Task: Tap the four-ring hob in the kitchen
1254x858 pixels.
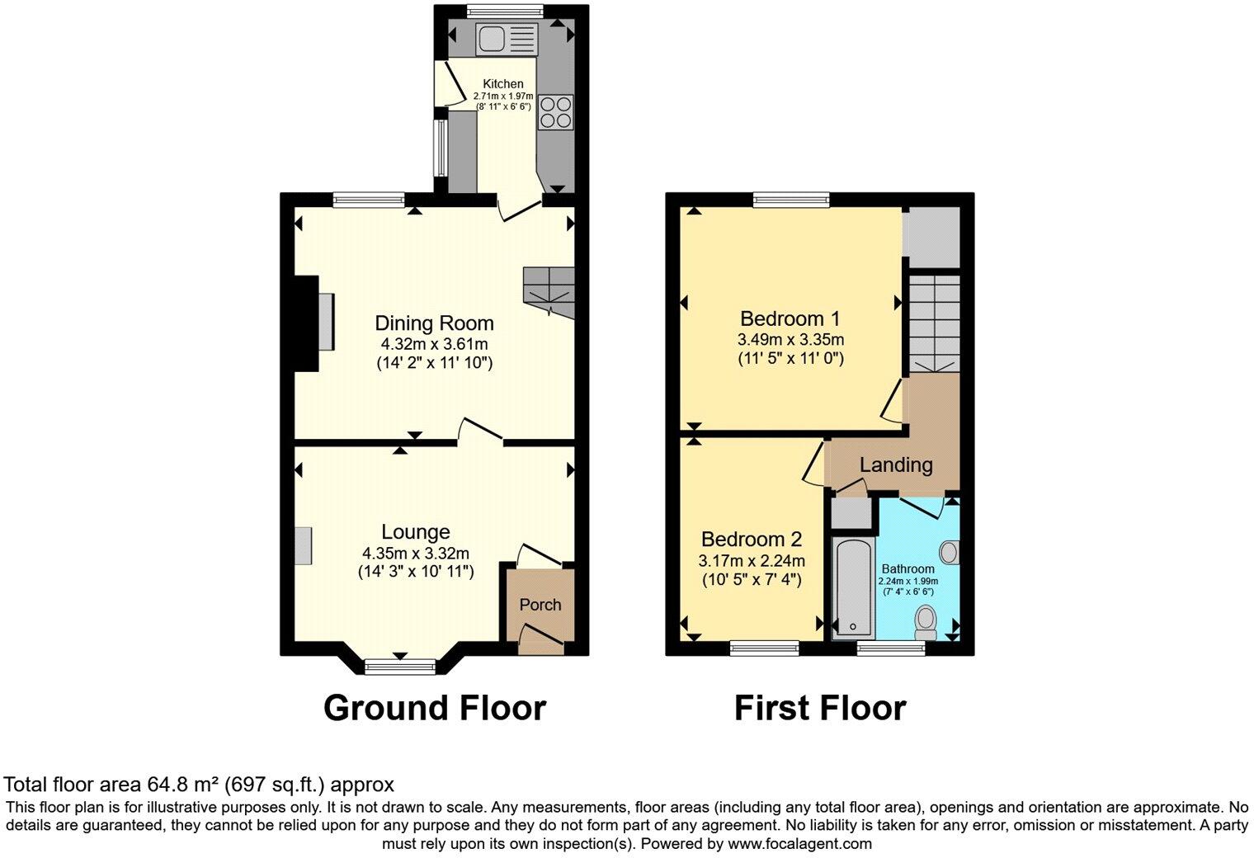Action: pyautogui.click(x=555, y=113)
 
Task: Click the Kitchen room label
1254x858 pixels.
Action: pyautogui.click(x=502, y=84)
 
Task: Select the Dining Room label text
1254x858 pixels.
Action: pyautogui.click(x=434, y=323)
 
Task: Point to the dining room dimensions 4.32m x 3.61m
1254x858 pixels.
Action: pyautogui.click(x=434, y=344)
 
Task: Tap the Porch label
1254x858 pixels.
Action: pyautogui.click(x=540, y=605)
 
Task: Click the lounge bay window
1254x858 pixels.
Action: pyautogui.click(x=401, y=667)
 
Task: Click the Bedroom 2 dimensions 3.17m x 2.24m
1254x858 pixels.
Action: pyautogui.click(x=751, y=561)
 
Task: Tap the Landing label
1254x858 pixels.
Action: pyautogui.click(x=896, y=464)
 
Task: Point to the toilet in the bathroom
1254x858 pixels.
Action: pyautogui.click(x=927, y=622)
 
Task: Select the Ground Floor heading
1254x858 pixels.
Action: pyautogui.click(x=434, y=709)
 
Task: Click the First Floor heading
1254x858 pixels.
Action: pyautogui.click(x=820, y=709)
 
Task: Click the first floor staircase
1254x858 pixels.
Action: pyautogui.click(x=934, y=323)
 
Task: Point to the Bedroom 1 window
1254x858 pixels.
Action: pyautogui.click(x=791, y=198)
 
